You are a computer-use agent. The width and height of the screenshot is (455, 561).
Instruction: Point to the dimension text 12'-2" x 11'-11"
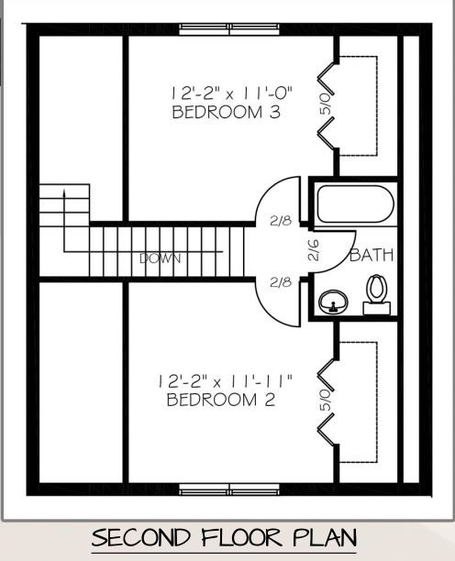click(x=225, y=379)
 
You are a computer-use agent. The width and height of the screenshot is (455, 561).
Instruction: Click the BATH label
click(x=371, y=256)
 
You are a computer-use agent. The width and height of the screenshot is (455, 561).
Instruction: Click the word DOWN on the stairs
click(x=160, y=258)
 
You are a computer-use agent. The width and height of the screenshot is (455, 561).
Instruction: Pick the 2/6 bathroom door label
click(x=313, y=252)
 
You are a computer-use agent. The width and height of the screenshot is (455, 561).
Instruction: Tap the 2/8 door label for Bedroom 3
click(x=281, y=221)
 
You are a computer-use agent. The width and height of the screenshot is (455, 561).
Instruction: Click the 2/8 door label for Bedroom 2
click(x=281, y=282)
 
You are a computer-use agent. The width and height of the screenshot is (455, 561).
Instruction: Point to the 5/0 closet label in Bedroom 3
click(x=325, y=101)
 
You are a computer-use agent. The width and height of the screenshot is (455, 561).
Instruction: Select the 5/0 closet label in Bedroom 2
click(x=325, y=396)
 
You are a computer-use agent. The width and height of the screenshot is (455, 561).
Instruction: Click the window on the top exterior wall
click(x=229, y=28)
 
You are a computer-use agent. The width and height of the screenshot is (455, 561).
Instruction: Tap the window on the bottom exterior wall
click(x=229, y=486)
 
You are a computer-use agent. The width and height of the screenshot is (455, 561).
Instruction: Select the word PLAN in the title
click(x=322, y=537)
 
